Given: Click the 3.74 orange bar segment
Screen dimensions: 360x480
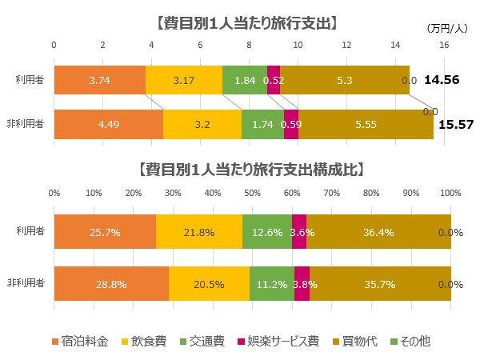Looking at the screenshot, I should click(x=99, y=80).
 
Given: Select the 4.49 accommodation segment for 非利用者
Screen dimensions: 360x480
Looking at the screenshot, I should click(x=108, y=124).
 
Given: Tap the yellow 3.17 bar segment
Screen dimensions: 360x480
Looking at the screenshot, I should click(x=184, y=80).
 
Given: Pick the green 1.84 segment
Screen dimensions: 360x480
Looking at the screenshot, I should click(x=245, y=80).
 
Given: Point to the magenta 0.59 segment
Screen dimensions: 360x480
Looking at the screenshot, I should click(x=291, y=124).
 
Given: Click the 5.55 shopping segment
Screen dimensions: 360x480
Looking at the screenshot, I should click(x=366, y=124).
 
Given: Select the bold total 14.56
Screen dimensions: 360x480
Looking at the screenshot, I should click(x=442, y=80).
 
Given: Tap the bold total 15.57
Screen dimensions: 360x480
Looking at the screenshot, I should click(x=455, y=125).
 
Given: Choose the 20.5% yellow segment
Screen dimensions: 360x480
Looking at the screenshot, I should click(x=209, y=284).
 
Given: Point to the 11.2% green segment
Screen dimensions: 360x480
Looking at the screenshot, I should click(x=272, y=284).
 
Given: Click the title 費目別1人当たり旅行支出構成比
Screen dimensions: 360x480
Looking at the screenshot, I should click(x=251, y=170).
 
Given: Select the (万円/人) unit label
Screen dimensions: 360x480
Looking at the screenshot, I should click(x=447, y=28).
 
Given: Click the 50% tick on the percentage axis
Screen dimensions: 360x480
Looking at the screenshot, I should click(x=252, y=193).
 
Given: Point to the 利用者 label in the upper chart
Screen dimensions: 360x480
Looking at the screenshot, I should click(x=30, y=80).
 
